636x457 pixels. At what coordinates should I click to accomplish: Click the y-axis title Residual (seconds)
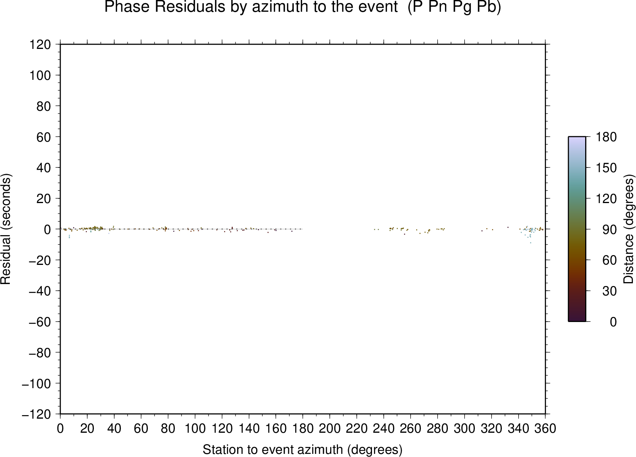(x=6, y=229)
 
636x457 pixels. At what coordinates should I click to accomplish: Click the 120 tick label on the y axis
(x=40, y=45)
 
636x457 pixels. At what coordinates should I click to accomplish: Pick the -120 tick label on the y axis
(x=37, y=414)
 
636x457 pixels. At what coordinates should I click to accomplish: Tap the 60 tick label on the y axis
(x=44, y=137)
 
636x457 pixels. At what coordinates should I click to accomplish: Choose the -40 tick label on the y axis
(x=40, y=291)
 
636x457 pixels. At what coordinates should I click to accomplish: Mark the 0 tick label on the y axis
(x=47, y=229)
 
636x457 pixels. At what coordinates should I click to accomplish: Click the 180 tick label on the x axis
(x=303, y=428)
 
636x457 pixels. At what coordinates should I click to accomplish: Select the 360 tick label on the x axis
(x=545, y=428)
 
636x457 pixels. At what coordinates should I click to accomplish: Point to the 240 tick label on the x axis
(x=384, y=428)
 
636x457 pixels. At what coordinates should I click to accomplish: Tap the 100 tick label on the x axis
(x=195, y=428)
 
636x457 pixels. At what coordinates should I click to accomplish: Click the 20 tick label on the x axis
(x=87, y=428)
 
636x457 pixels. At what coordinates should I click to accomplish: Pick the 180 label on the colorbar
(x=606, y=137)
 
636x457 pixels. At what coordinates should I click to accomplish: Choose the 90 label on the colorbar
(x=609, y=229)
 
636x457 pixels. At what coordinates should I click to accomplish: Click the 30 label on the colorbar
(x=609, y=291)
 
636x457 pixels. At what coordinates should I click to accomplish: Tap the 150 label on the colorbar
(x=606, y=167)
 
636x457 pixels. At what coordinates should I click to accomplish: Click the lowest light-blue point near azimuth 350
(x=531, y=243)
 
